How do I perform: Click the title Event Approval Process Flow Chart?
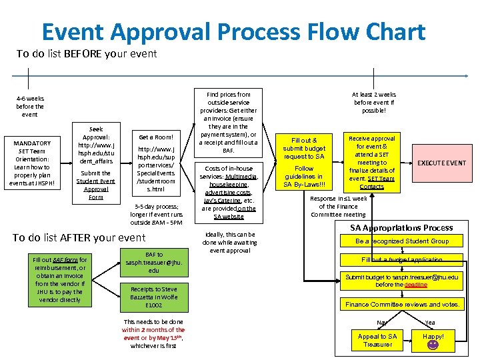tap(233, 32)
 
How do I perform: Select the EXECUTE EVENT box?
tap(441, 163)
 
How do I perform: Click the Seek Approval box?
tap(96, 163)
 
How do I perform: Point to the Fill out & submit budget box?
tap(304, 148)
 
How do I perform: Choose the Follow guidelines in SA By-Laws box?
tap(304, 177)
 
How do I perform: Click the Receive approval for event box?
tap(372, 163)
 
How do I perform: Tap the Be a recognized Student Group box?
tap(402, 241)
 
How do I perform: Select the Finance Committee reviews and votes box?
tap(402, 305)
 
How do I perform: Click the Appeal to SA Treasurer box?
tap(377, 340)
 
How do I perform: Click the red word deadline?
tap(415, 285)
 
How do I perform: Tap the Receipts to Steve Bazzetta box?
tap(153, 297)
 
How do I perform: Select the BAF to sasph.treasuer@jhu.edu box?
tap(153, 263)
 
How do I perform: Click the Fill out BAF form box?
tap(59, 280)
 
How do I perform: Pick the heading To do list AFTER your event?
tap(79, 238)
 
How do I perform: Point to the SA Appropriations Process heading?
tap(401, 227)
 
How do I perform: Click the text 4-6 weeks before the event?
tap(30, 107)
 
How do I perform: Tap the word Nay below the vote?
tap(382, 323)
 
